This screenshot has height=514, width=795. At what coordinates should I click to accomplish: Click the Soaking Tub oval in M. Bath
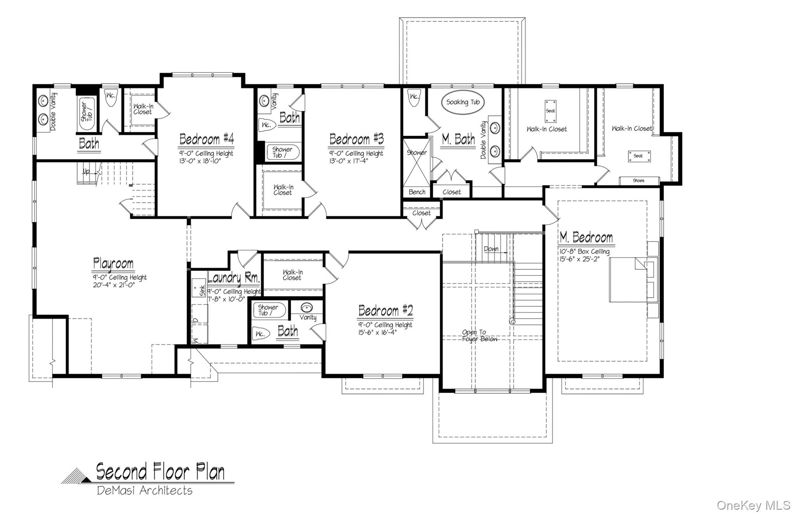coord(463,102)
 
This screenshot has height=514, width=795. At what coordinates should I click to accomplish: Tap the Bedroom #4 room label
coord(207,139)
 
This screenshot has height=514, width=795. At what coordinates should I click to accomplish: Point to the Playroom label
coord(113,263)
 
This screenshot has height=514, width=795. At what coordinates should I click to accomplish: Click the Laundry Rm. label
coord(234,278)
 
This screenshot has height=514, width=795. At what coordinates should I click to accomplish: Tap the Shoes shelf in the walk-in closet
coord(639,181)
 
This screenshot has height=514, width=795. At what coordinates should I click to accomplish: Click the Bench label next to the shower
coord(417,192)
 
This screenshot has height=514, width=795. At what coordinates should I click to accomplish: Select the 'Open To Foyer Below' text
coord(479,336)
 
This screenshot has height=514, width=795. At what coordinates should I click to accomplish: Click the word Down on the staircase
coord(491,249)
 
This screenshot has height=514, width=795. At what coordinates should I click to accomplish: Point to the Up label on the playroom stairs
coord(86,171)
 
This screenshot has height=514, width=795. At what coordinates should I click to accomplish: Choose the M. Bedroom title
coord(586,237)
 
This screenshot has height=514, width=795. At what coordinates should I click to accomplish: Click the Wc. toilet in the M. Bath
coord(414,97)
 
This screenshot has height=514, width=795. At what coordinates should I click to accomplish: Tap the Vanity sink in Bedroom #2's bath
coord(307,308)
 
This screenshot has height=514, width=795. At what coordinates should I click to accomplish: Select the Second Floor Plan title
coord(160,472)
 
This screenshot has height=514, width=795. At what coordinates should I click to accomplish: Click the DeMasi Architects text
coord(144,491)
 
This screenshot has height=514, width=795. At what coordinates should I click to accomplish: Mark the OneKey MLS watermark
coord(753,505)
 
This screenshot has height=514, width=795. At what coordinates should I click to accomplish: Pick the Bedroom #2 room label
coord(385,311)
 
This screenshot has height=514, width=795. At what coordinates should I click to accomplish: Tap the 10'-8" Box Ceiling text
coord(584,252)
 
